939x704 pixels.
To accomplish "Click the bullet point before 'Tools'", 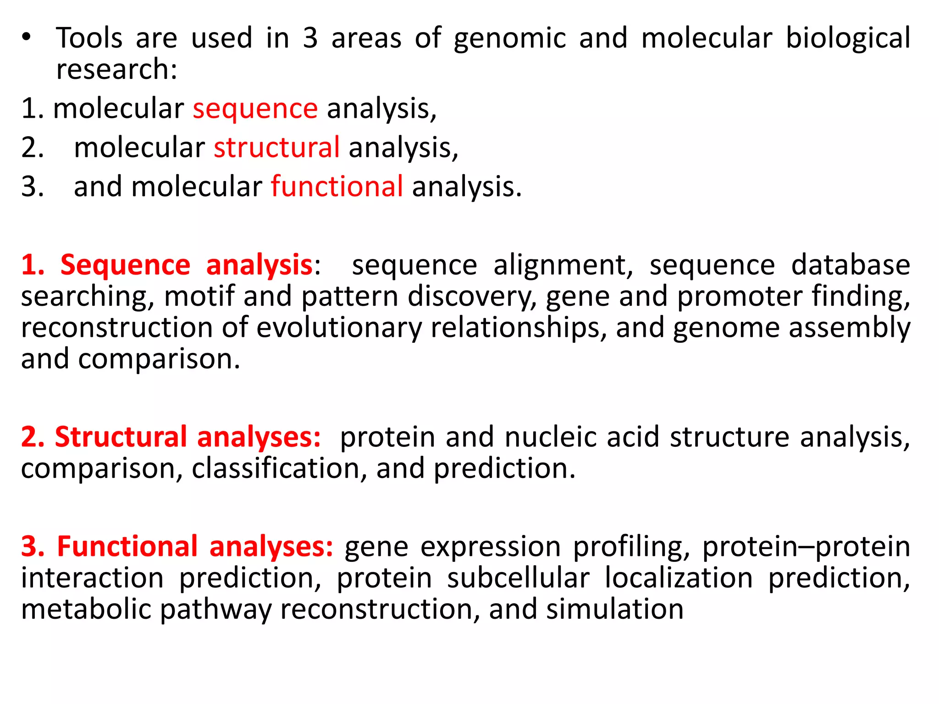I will coord(27,38).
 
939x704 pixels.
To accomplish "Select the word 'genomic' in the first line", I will coord(509,38).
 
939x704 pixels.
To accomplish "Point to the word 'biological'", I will coord(848,38).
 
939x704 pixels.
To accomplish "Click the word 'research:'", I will coord(116,70).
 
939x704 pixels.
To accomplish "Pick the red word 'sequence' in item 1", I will coord(255,109).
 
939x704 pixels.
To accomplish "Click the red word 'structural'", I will coord(276,148).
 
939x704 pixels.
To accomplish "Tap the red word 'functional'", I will coord(337,187).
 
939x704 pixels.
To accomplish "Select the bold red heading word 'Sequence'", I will coord(125,265).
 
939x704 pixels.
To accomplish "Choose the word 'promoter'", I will coord(739,296).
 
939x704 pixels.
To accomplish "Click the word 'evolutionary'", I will coord(338,328).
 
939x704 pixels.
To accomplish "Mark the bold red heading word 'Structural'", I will coord(121,437).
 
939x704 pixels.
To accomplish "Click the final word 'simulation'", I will coord(614,609).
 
